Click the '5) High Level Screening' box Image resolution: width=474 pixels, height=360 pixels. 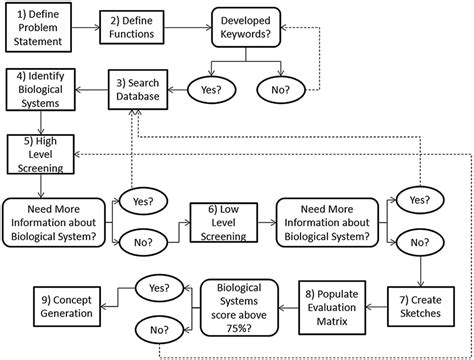(x=41, y=150)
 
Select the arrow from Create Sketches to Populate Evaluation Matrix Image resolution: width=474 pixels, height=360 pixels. (x=381, y=302)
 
